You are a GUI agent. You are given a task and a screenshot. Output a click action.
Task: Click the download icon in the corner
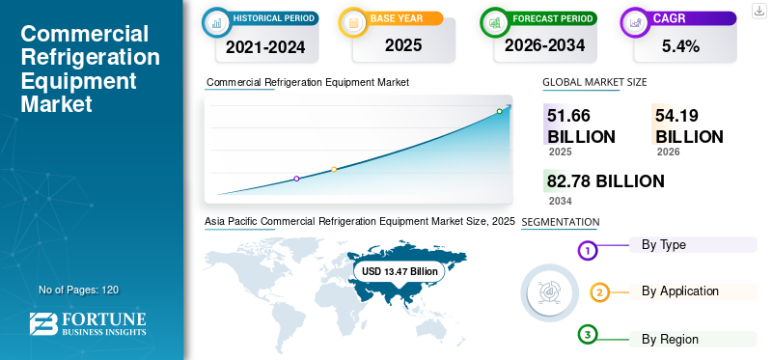click(x=759, y=11)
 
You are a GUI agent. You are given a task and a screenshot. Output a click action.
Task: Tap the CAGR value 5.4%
click(x=681, y=46)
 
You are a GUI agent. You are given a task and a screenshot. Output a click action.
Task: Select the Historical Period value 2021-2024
click(x=265, y=47)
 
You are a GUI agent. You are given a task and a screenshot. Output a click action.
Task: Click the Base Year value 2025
click(x=403, y=45)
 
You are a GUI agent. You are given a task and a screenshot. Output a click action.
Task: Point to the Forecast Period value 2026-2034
click(x=544, y=45)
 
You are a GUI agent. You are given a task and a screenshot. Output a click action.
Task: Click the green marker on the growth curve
click(x=499, y=111)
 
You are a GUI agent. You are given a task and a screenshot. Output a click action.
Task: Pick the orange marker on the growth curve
click(x=334, y=170)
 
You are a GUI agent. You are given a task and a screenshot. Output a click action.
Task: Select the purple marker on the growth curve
click(x=296, y=179)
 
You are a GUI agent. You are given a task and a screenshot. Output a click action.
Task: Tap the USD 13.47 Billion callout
click(x=400, y=271)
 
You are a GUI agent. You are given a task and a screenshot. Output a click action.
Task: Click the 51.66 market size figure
click(x=568, y=115)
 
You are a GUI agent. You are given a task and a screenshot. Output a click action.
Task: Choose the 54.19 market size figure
click(x=676, y=115)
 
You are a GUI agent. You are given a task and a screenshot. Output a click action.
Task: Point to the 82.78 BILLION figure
click(x=606, y=181)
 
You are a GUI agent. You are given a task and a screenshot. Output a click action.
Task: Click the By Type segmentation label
click(x=664, y=245)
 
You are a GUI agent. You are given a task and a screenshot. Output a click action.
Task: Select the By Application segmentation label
click(x=680, y=291)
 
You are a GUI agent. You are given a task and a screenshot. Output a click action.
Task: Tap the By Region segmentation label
click(x=670, y=340)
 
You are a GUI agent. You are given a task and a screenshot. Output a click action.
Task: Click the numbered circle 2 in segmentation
click(x=599, y=293)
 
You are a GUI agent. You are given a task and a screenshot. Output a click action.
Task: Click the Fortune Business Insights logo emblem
click(x=43, y=324)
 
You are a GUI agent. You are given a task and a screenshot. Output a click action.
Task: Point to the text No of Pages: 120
click(x=79, y=290)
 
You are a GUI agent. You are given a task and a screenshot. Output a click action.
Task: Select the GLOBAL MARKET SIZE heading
click(x=594, y=82)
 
